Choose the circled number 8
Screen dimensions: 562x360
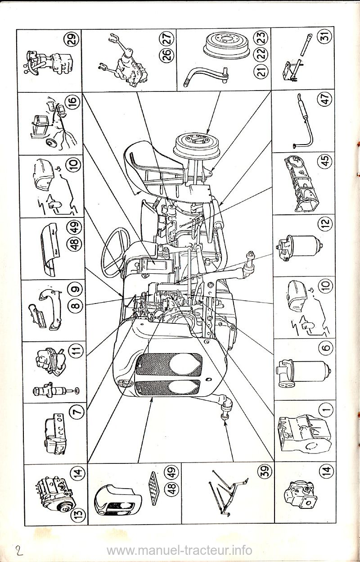pos(75,305)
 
